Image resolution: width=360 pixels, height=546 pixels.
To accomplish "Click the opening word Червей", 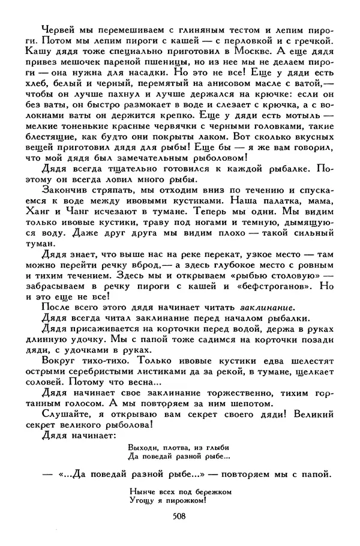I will tap(58, 31).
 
